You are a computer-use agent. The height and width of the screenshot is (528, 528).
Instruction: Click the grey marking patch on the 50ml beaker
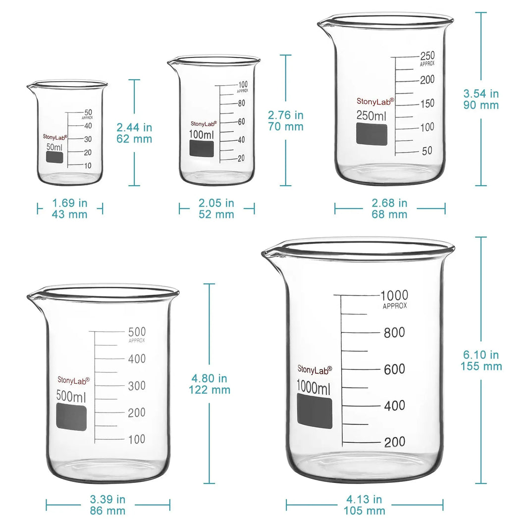tap(54, 157)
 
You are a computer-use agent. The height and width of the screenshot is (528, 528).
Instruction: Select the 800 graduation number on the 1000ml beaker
tap(394, 333)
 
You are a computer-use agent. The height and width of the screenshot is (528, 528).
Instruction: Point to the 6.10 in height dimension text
tap(480, 355)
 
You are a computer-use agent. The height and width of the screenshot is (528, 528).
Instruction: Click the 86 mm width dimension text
tap(108, 511)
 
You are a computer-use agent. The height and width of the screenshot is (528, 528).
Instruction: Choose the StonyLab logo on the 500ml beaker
tap(74, 380)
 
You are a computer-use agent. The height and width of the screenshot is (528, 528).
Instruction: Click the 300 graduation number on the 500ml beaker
tap(137, 386)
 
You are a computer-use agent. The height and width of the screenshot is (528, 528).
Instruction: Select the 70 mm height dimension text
tap(285, 126)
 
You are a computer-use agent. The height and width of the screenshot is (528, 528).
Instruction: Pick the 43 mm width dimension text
tap(69, 214)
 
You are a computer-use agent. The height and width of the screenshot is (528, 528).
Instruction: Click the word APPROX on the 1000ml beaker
tap(395, 306)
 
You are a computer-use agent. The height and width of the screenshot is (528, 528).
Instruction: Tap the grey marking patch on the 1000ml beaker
tap(315, 411)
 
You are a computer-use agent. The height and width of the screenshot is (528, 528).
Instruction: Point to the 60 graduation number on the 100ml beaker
tap(241, 122)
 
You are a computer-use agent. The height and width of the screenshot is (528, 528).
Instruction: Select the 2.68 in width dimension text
tap(389, 203)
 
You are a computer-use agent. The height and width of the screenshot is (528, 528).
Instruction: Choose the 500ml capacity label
tap(71, 397)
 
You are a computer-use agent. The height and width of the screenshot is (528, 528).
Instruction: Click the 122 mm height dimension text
tap(209, 390)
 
